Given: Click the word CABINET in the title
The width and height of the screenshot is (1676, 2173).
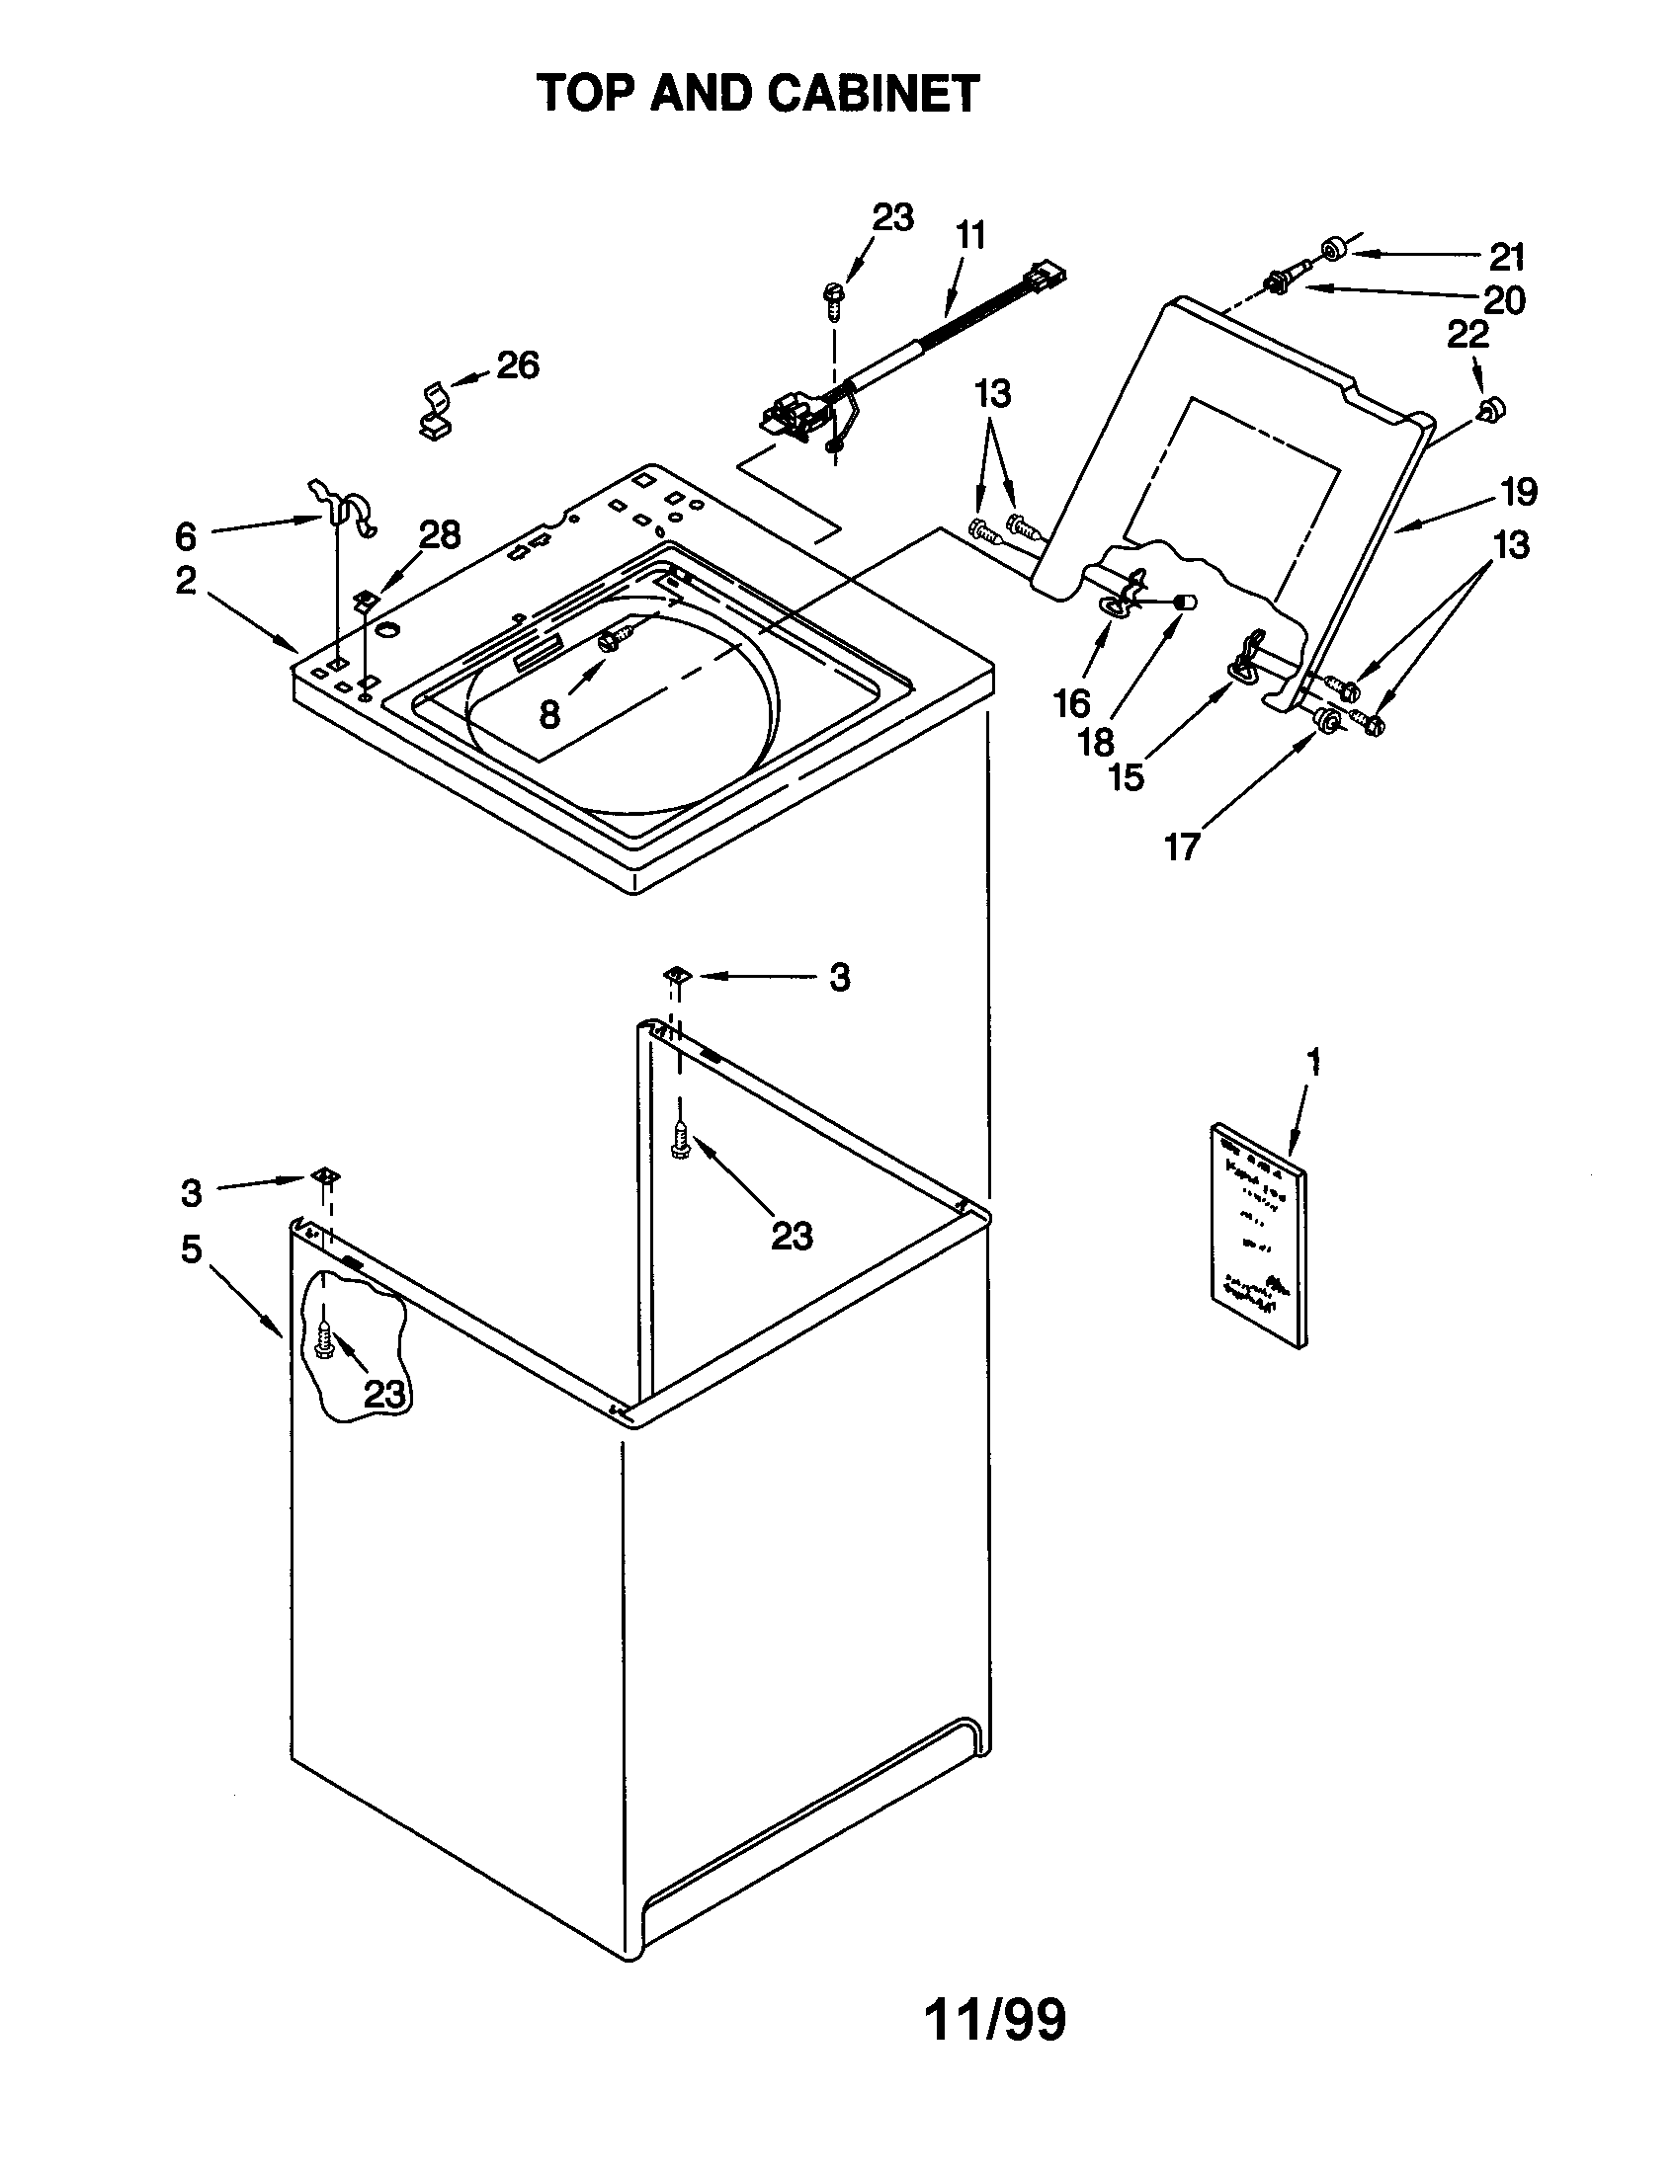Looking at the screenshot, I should tap(873, 95).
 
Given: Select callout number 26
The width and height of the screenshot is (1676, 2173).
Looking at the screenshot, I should tap(518, 365).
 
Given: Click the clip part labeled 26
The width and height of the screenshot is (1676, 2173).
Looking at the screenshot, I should tap(434, 409).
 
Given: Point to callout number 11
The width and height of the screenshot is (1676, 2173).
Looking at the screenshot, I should tap(970, 236).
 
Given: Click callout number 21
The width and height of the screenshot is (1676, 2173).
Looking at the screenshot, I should tap(1507, 258).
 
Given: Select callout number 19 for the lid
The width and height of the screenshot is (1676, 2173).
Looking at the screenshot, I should tap(1519, 492).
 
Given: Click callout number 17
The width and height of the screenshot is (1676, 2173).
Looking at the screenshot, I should tap(1182, 846).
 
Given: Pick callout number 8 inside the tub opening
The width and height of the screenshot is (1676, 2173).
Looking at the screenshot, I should tap(549, 712).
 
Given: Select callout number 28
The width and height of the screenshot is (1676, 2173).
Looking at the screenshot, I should tap(439, 535).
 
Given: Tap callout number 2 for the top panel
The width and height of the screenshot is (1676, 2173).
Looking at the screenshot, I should tap(186, 580).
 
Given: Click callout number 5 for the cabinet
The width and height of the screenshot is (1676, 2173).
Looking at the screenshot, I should tap(191, 1248).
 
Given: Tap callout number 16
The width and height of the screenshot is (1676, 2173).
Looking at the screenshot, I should tap(1072, 703).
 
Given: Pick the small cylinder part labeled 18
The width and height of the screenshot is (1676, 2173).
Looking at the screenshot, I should tap(1183, 601).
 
